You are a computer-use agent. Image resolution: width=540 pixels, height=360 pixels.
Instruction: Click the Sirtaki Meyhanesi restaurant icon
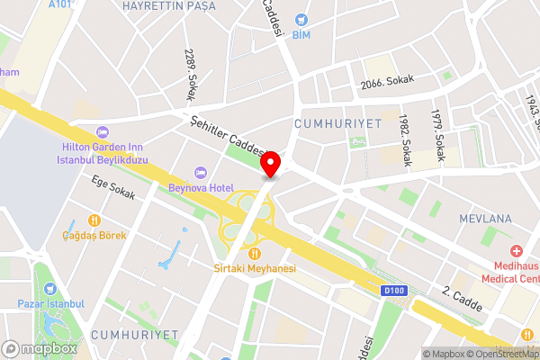pyautogui.click(x=256, y=254)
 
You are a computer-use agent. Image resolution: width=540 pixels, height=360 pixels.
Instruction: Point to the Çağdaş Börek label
pyautogui.click(x=94, y=236)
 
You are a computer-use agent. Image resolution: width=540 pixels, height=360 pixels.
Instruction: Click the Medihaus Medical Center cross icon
pyautogui.click(x=517, y=251)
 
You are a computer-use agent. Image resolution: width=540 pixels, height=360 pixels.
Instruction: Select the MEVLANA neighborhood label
pyautogui.click(x=485, y=219)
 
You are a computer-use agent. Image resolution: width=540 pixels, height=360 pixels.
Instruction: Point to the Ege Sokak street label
pyautogui.click(x=113, y=186)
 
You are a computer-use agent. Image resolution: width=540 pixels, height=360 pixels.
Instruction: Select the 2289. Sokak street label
pyautogui.click(x=192, y=74)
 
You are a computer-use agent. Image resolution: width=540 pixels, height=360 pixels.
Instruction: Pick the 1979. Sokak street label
pyautogui.click(x=436, y=135)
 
